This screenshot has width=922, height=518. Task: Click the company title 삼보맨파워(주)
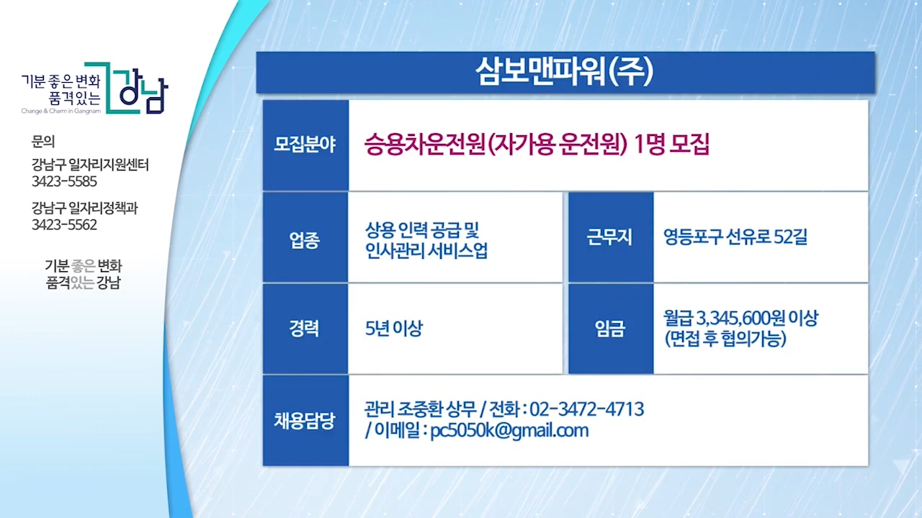point(564,72)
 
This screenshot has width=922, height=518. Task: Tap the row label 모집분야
point(305,145)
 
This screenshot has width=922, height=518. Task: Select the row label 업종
point(305,240)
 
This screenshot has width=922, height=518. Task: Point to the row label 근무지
point(609,237)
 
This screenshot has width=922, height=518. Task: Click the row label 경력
point(305,329)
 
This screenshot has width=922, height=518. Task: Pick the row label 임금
point(610,329)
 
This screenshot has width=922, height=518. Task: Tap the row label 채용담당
point(305,421)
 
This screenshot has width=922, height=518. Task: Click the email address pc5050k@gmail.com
point(509,431)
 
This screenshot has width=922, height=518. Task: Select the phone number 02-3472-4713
point(587,409)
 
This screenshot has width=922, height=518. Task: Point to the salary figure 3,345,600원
point(740,318)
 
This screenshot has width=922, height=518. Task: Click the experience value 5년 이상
point(394,329)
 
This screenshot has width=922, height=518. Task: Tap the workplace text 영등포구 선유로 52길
point(735,237)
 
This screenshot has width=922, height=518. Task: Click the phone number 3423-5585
point(64,181)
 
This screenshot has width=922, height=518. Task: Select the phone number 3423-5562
point(64,225)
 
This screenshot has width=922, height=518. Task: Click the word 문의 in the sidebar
point(42,142)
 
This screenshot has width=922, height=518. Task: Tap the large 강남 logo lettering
point(143,93)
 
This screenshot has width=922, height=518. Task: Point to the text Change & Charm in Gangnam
point(61,111)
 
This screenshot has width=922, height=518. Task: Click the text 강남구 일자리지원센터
point(90,165)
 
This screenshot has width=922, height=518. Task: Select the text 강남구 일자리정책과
point(85,208)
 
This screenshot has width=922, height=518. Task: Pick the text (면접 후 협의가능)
point(725,339)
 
